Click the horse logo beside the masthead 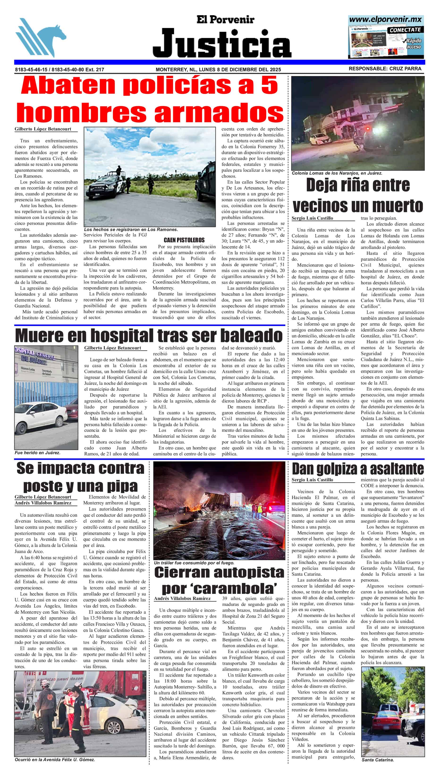(x=41, y=38)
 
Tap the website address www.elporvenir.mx (x=385, y=20)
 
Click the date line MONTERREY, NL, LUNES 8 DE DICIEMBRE (x=218, y=69)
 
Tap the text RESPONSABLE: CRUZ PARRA (x=385, y=69)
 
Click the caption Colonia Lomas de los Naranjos (x=337, y=173)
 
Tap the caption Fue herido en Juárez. (x=37, y=453)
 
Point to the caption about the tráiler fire (x=194, y=563)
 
